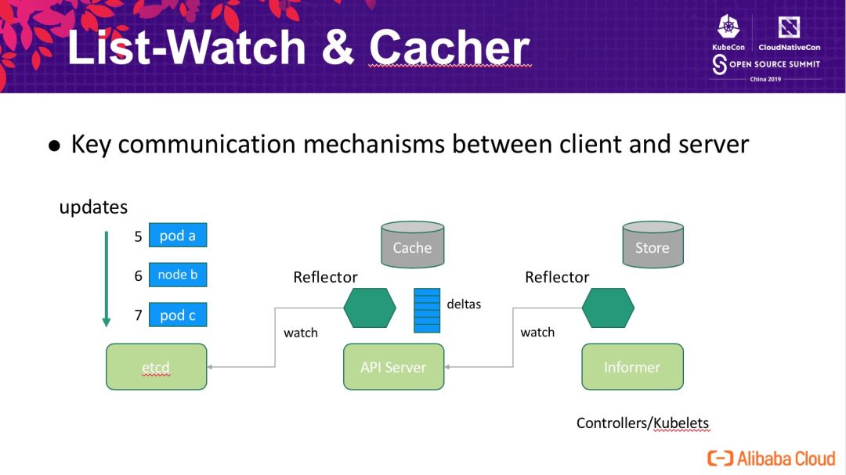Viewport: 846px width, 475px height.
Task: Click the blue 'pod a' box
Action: click(x=178, y=235)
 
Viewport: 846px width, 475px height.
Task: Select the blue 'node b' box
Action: click(x=178, y=275)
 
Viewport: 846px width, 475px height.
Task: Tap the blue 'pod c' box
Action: click(x=178, y=315)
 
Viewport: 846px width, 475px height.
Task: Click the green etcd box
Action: click(x=157, y=367)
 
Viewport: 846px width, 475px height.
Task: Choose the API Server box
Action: click(x=394, y=367)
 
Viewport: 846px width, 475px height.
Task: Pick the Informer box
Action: click(x=632, y=367)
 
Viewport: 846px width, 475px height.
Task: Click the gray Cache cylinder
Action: click(x=413, y=244)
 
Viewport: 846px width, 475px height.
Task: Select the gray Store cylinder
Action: click(x=653, y=244)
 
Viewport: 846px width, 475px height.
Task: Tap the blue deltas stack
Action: click(x=427, y=311)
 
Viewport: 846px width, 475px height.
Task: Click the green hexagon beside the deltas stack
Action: click(x=370, y=308)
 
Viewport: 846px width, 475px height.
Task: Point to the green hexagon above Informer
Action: click(x=608, y=308)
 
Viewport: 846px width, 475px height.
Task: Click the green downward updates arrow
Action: click(x=107, y=279)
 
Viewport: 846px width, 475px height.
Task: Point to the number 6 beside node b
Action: click(x=138, y=276)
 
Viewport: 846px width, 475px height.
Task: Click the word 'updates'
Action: click(x=93, y=207)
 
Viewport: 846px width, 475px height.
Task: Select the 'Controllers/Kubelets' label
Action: click(x=642, y=423)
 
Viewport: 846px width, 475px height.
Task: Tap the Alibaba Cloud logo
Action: click(x=772, y=459)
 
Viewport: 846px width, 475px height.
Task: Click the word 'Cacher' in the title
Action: click(x=450, y=48)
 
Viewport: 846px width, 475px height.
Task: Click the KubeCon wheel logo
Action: click(x=728, y=27)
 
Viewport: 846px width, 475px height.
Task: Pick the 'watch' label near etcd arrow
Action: click(x=301, y=333)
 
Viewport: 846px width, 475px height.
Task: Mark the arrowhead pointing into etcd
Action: click(x=209, y=367)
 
